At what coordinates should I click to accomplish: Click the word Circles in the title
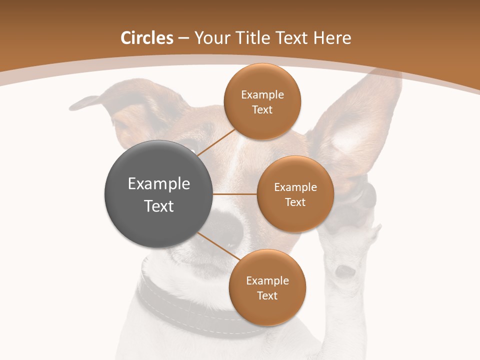[147, 38]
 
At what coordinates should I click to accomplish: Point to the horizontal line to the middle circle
[235, 194]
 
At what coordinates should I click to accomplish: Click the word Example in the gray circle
[159, 184]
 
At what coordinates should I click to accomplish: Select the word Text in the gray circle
[159, 206]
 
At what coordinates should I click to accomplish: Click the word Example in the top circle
[262, 95]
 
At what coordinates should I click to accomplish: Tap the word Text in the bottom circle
[267, 295]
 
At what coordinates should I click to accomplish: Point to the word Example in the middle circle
[295, 187]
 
